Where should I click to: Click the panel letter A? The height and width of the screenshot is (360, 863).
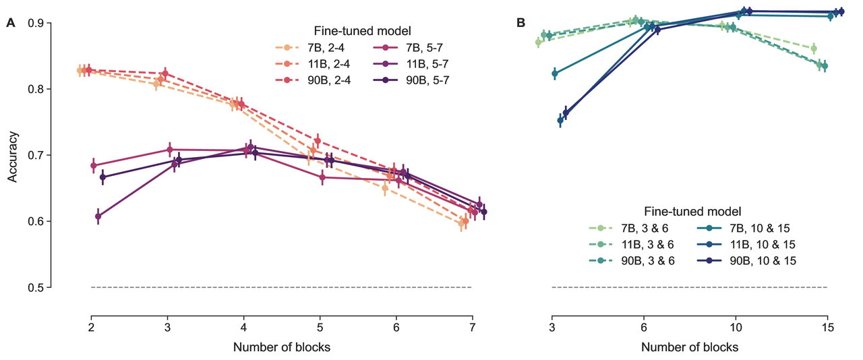11,23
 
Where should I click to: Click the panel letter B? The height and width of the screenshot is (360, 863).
520,23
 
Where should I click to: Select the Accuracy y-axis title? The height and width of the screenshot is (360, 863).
13,156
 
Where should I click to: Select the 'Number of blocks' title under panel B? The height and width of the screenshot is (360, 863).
689,348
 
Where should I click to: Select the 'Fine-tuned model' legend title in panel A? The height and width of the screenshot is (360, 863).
363,30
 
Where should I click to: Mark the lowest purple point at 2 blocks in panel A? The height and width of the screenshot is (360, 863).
98,216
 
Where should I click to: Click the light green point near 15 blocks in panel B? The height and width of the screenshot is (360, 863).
814,48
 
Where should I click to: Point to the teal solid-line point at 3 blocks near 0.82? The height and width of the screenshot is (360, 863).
555,73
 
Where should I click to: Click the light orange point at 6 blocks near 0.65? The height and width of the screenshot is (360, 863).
385,189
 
